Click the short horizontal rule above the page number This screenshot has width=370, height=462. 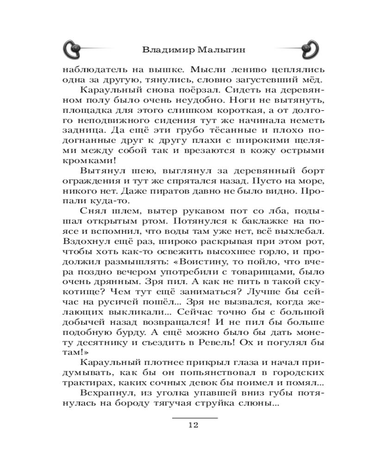tap(194, 418)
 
